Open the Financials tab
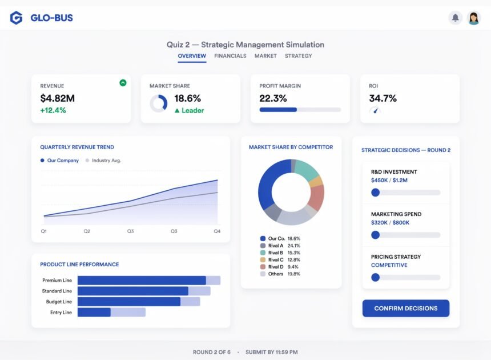click(230, 56)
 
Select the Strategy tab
click(298, 56)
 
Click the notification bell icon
click(455, 18)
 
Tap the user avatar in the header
click(474, 18)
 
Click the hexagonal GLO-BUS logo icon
click(17, 18)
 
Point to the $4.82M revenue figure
click(57, 98)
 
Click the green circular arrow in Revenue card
click(123, 83)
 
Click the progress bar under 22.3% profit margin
click(300, 110)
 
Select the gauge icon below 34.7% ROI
click(375, 110)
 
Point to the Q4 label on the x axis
click(217, 231)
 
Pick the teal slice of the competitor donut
click(306, 169)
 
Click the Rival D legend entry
click(279, 267)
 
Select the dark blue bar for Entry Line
click(94, 312)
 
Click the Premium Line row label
click(57, 280)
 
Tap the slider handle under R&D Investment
click(375, 193)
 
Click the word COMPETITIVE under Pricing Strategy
click(389, 265)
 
